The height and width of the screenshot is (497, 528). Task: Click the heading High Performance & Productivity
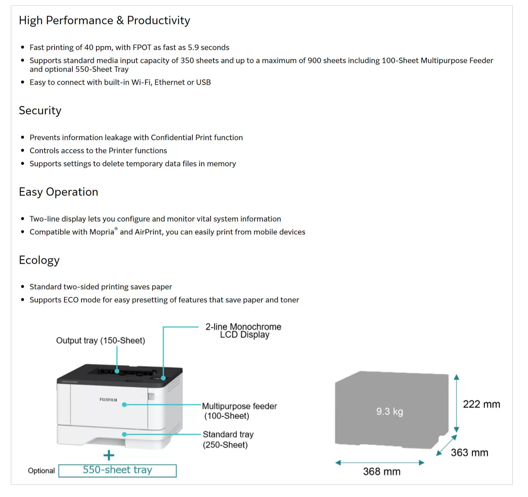[104, 21]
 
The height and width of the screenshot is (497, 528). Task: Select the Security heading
[40, 110]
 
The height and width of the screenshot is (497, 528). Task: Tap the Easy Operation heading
[59, 192]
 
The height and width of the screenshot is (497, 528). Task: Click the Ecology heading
[39, 260]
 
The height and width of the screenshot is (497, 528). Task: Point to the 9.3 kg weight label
[389, 412]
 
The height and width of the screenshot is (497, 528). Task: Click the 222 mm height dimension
[481, 404]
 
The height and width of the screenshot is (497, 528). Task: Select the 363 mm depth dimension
[469, 452]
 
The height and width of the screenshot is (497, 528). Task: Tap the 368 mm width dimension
[382, 472]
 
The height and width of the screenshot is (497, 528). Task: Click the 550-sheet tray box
[117, 471]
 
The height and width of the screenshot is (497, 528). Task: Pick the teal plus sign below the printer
[109, 455]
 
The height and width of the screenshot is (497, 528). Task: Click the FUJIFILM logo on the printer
[108, 400]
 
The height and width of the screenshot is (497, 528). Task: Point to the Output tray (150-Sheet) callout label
[100, 340]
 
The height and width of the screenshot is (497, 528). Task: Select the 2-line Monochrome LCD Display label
[243, 331]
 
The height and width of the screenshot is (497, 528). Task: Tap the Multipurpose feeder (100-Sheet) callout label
[239, 411]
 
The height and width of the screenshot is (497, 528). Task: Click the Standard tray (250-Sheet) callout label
[228, 440]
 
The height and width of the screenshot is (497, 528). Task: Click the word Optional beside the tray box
[41, 471]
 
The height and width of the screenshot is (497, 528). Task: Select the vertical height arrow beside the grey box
[456, 403]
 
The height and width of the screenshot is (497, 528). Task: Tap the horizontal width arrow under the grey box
[380, 463]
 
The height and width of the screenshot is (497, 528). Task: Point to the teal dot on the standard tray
[124, 434]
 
